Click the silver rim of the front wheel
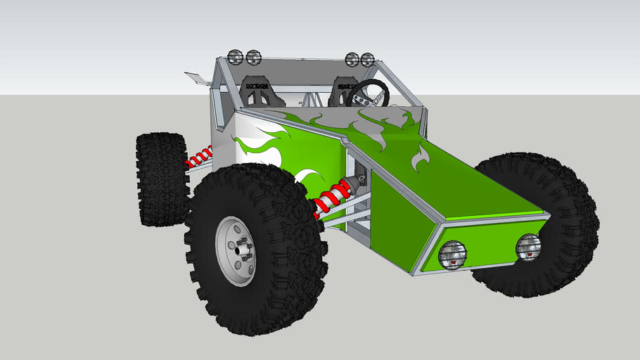click(235, 250)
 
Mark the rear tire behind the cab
click(162, 179)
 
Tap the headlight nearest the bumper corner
click(449, 255)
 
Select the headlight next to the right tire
click(527, 246)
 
